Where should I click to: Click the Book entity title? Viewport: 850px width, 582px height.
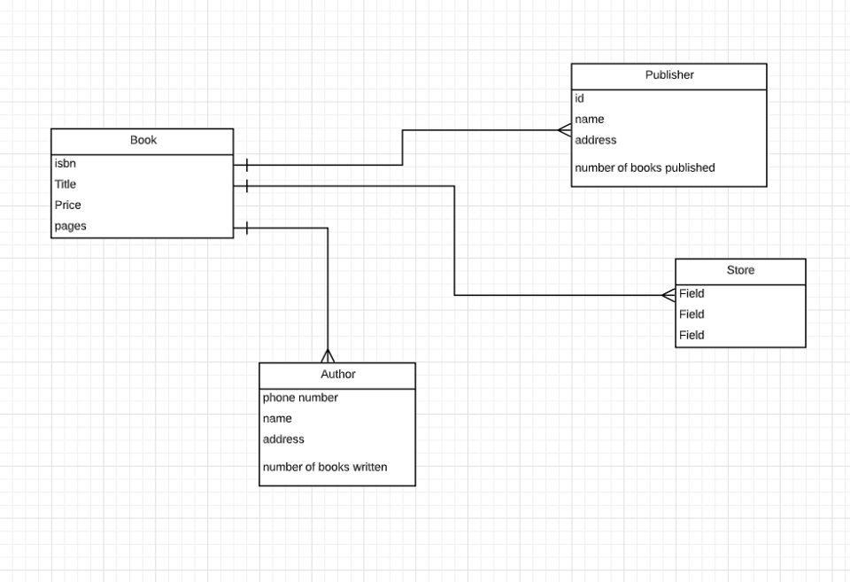(x=143, y=140)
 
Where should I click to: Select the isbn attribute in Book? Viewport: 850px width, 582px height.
(x=66, y=163)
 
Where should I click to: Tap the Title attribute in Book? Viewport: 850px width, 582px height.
(x=66, y=184)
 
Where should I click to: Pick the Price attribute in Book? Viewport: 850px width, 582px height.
(x=68, y=205)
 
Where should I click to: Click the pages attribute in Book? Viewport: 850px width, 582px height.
(x=71, y=226)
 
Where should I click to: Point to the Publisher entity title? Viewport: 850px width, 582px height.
(x=669, y=75)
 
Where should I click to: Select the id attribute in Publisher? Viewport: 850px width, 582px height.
(x=580, y=98)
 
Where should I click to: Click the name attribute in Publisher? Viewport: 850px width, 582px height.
(x=590, y=119)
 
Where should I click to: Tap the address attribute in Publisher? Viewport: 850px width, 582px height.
(x=596, y=140)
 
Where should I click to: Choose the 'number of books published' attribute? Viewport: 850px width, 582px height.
(x=645, y=167)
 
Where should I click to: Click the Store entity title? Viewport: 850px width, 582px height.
(x=740, y=270)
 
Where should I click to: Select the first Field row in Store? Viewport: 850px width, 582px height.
(x=692, y=293)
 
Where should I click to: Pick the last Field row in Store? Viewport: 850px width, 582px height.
(x=692, y=335)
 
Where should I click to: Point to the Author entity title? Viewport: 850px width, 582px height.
(x=338, y=375)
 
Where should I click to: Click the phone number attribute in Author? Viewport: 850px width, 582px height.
(x=300, y=398)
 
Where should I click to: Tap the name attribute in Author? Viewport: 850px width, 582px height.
(x=278, y=418)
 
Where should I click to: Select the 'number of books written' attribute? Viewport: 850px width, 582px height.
(x=325, y=467)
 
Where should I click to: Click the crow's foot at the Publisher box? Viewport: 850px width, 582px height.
(x=564, y=130)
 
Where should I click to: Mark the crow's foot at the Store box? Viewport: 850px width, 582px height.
(x=668, y=295)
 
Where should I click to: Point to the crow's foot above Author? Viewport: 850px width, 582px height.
(x=328, y=355)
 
